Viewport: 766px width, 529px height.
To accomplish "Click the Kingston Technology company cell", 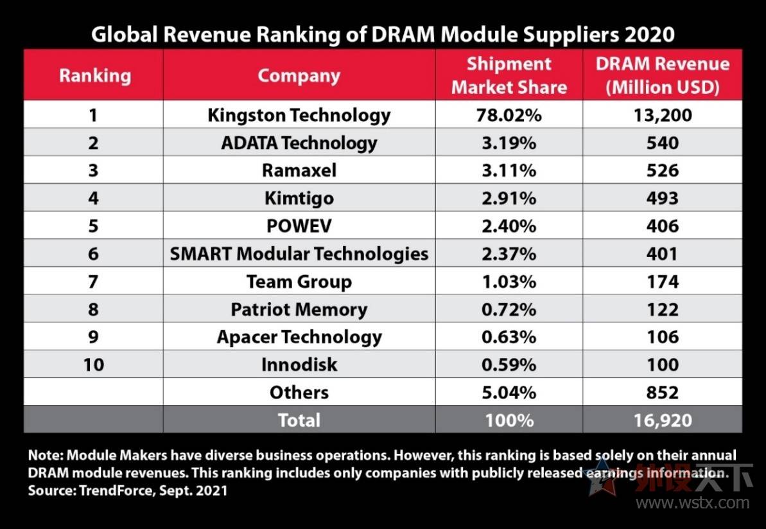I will click(x=299, y=115).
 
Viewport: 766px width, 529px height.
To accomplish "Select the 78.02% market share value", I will click(x=509, y=115).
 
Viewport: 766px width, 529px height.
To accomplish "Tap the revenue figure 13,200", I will click(x=663, y=115).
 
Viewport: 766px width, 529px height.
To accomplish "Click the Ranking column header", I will click(x=94, y=76).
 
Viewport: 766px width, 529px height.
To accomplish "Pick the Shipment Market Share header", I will click(x=509, y=75).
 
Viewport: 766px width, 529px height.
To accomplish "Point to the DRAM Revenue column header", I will click(x=663, y=75).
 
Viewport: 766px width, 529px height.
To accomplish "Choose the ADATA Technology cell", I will click(x=299, y=143).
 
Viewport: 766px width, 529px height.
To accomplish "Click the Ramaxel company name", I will click(x=299, y=170).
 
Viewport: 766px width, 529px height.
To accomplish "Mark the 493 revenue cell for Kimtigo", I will click(x=663, y=198).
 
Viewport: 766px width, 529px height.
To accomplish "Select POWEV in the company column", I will click(x=299, y=226).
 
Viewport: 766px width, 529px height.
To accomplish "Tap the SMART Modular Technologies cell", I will click(x=299, y=253).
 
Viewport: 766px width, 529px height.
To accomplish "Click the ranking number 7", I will click(x=94, y=282).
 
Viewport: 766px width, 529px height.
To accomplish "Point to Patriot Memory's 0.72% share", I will click(x=509, y=309).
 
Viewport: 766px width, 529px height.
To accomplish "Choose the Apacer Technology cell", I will click(x=299, y=337).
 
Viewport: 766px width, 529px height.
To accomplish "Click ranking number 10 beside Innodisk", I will click(x=94, y=364).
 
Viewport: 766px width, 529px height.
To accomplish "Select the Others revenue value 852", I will click(x=663, y=392).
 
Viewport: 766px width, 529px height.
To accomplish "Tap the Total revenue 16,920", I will click(x=663, y=420).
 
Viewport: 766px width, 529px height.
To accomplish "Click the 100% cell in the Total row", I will click(x=509, y=420).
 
